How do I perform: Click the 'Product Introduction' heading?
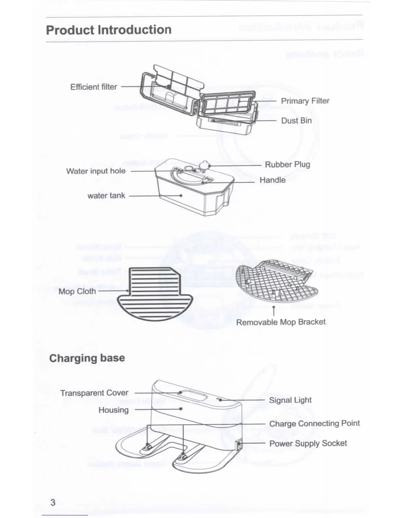click(109, 30)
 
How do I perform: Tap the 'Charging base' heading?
click(87, 358)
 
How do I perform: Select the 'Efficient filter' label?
click(94, 87)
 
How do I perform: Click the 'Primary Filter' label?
click(305, 101)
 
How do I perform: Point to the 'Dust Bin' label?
click(296, 121)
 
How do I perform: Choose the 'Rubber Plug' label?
click(287, 164)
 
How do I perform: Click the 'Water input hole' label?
click(96, 171)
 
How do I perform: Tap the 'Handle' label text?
click(272, 180)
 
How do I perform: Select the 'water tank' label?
click(106, 196)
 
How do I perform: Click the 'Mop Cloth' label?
click(77, 291)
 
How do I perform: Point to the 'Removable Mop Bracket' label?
click(281, 322)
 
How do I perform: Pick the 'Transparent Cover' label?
click(94, 393)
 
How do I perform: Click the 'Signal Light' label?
click(290, 400)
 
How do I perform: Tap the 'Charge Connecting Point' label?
click(314, 423)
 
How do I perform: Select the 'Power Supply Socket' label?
click(308, 443)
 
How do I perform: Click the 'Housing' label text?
click(113, 410)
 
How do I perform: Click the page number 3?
click(53, 502)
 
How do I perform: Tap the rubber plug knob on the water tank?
click(205, 165)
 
